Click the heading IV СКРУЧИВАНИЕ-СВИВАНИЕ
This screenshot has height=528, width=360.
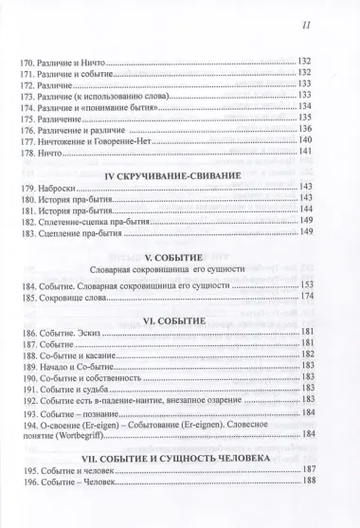[179, 175]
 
